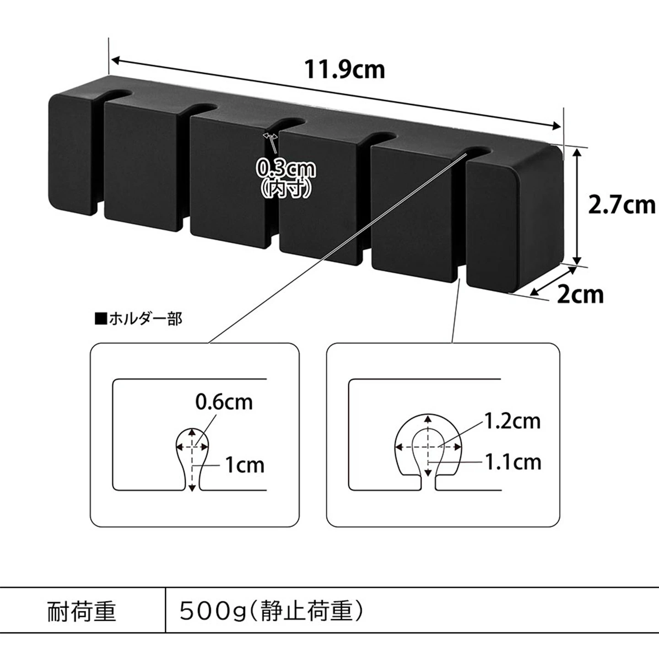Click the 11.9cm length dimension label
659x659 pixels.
[x=345, y=70]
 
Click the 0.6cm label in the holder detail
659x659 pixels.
[x=224, y=402]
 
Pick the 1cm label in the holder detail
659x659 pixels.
[x=244, y=465]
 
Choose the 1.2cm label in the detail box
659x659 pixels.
[x=513, y=421]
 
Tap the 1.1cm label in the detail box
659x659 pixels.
[x=513, y=462]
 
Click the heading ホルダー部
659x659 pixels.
[x=139, y=319]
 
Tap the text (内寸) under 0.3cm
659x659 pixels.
[x=286, y=189]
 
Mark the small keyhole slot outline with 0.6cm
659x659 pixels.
[x=192, y=459]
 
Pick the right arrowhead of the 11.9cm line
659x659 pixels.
[x=556, y=126]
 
